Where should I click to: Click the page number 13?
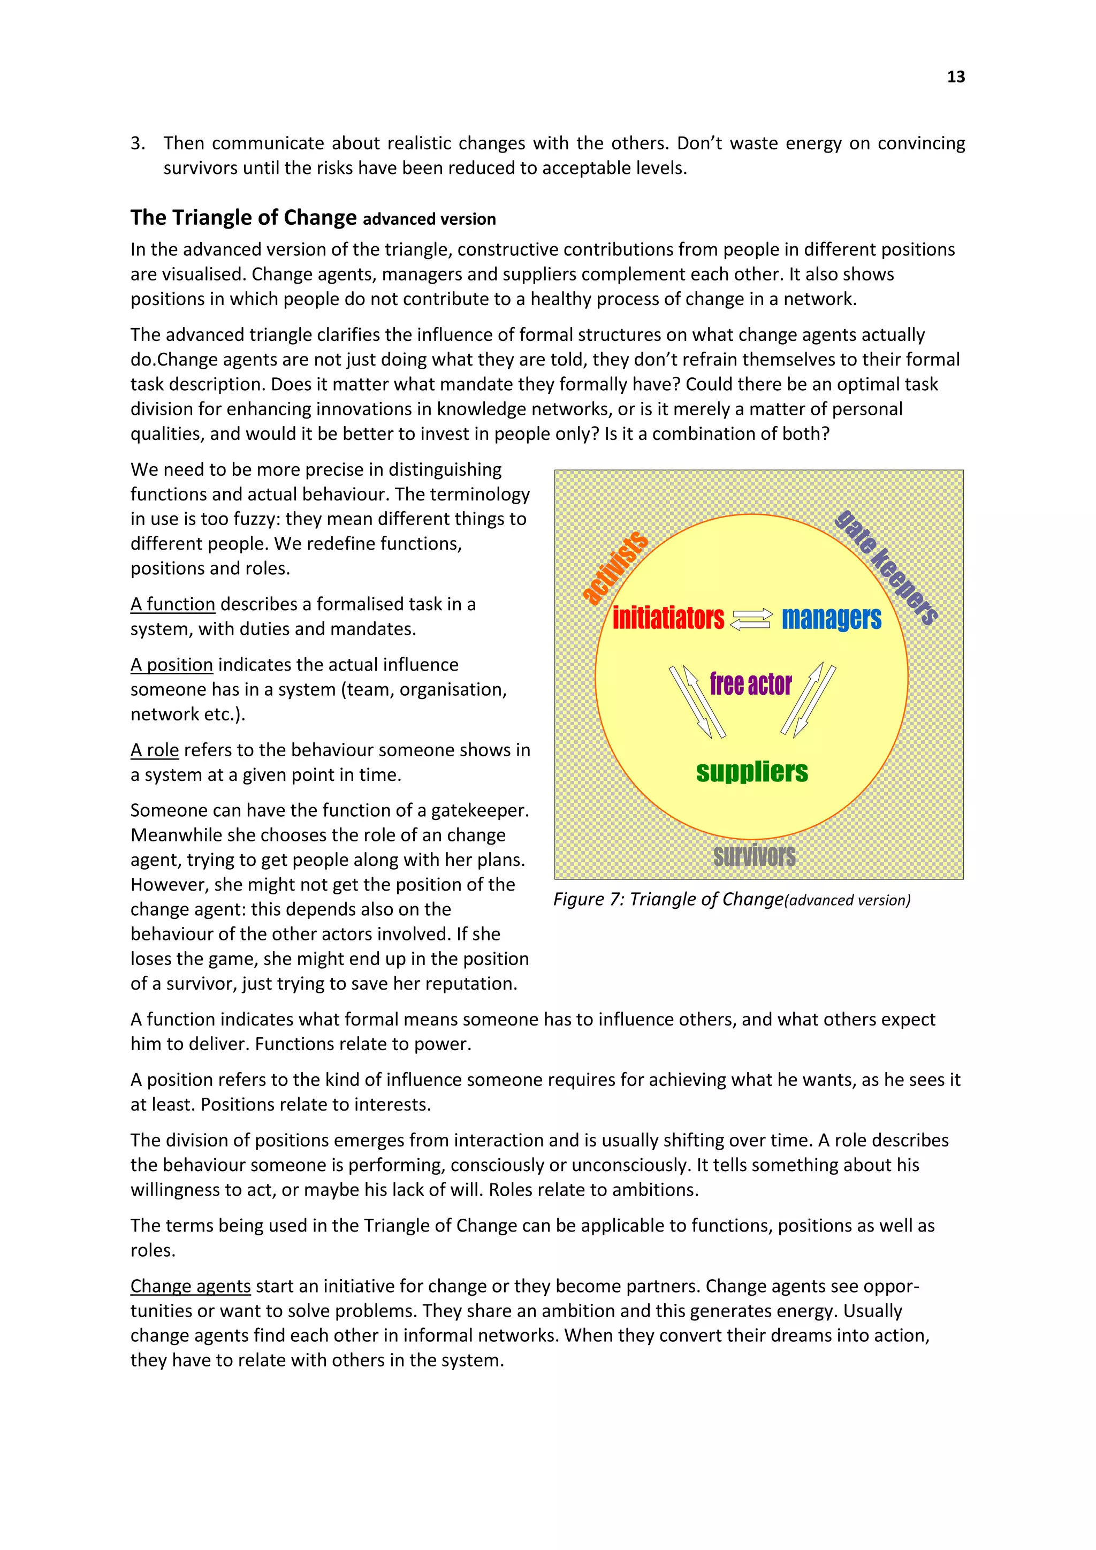956,77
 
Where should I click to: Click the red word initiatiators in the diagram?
667,618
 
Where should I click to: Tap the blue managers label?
832,618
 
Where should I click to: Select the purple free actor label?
750,684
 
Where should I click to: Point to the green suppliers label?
752,772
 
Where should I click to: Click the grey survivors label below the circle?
755,856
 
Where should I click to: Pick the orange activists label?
615,567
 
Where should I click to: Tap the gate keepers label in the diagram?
886,568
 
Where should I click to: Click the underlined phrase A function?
173,604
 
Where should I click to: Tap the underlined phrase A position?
172,665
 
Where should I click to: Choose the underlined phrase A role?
155,750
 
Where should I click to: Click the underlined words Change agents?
191,1286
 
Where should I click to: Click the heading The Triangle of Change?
243,217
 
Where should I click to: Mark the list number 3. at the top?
138,143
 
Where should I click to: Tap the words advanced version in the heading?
429,219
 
